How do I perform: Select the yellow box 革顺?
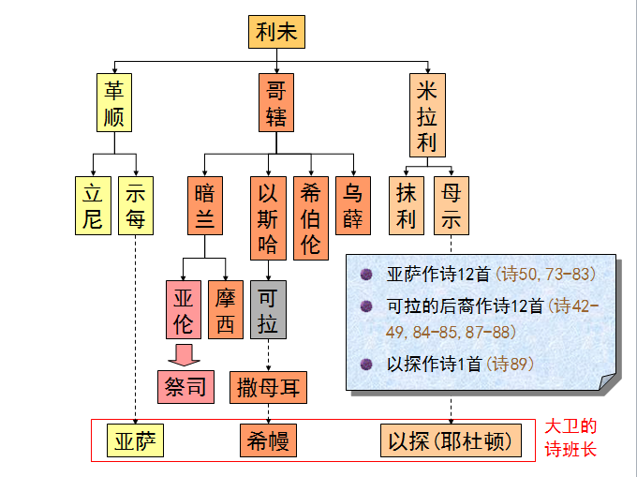tap(116, 102)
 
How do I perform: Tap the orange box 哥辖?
tap(276, 102)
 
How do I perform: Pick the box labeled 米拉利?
tap(427, 115)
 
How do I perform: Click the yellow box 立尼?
tap(92, 204)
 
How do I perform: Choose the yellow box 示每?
tap(136, 204)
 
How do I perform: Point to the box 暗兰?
tap(204, 204)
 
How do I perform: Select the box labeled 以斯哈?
tap(268, 217)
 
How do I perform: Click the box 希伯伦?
tap(311, 217)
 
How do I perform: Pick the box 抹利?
tap(406, 204)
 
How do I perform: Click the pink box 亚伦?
tap(184, 309)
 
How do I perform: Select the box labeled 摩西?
tap(226, 309)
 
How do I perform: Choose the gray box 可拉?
tap(268, 309)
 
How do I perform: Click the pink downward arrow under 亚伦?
tap(185, 354)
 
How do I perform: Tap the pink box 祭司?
tap(185, 386)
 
